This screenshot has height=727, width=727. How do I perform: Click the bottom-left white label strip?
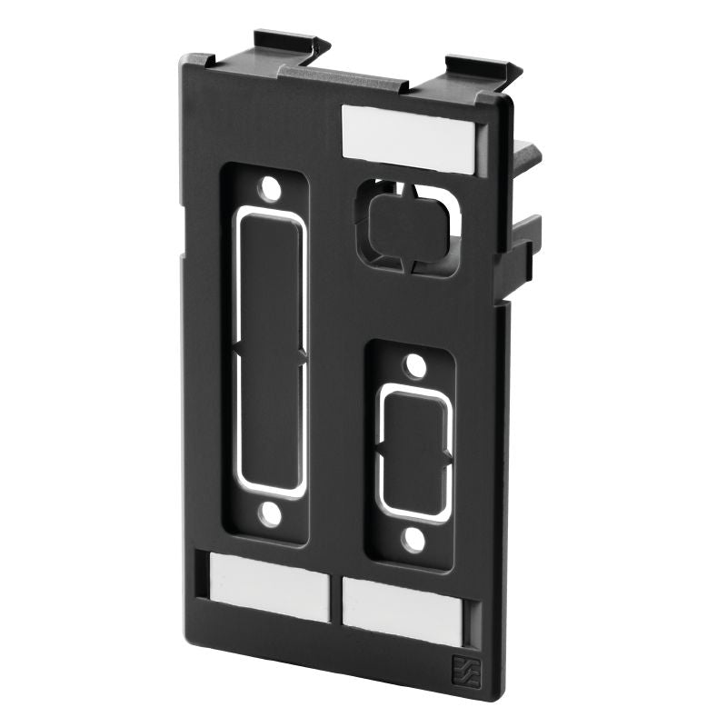click(269, 588)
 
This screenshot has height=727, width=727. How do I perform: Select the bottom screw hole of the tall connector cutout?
click(268, 514)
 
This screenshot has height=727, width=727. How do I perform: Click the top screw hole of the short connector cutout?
click(414, 366)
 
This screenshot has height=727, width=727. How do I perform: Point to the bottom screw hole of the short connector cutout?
click(414, 542)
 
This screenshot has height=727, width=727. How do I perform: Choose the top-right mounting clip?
click(480, 69)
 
